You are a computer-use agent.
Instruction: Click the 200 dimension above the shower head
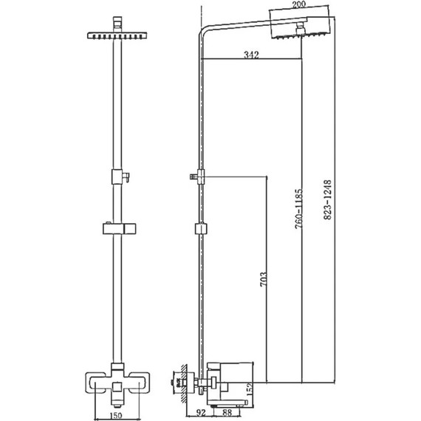[x=300, y=5]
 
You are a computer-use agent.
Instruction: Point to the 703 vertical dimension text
[x=263, y=281]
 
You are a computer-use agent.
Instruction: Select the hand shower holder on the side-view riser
[x=197, y=176]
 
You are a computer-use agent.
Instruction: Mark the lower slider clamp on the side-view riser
[x=199, y=229]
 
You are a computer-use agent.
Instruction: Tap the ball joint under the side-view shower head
[x=301, y=30]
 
